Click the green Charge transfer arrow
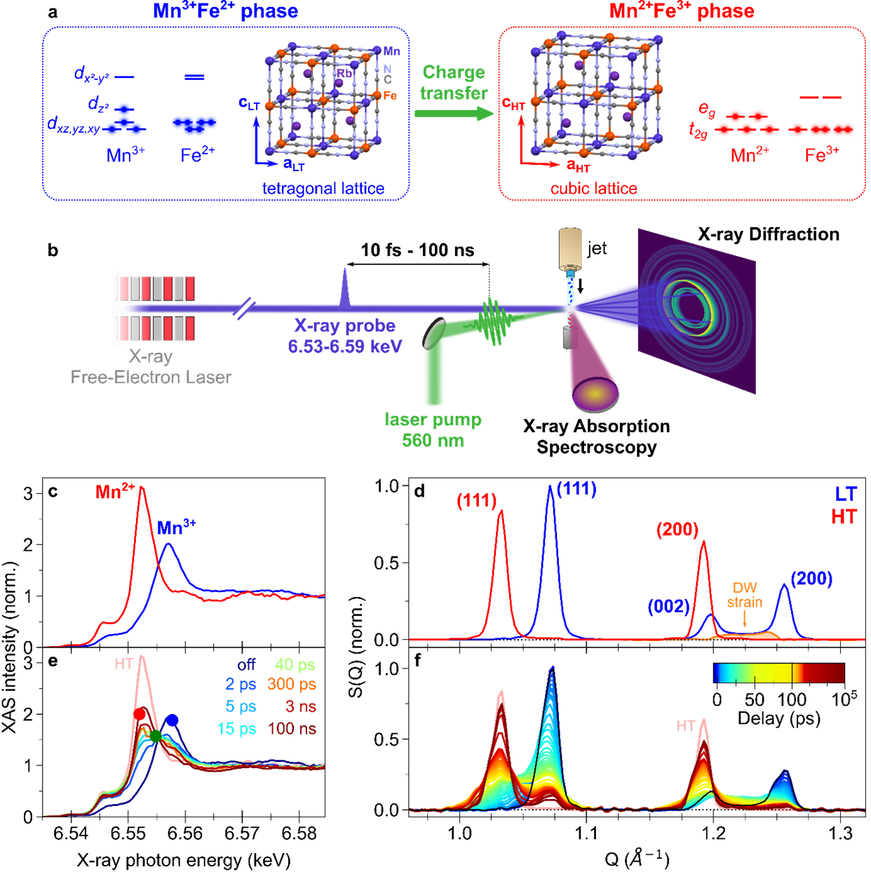(x=454, y=114)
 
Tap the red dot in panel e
(x=140, y=714)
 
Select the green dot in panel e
(x=156, y=736)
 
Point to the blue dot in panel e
(x=172, y=720)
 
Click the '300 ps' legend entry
(x=292, y=684)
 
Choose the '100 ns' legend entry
(x=292, y=729)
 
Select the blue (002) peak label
(x=668, y=607)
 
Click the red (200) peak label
(x=677, y=529)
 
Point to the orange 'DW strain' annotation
(x=745, y=595)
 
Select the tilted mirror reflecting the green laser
(x=434, y=333)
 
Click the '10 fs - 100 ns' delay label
(x=417, y=250)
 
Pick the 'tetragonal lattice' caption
(x=323, y=188)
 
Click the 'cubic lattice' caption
(x=593, y=188)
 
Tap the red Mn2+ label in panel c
(x=115, y=492)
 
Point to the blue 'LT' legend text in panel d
(x=846, y=494)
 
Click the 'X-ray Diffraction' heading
(x=769, y=234)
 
